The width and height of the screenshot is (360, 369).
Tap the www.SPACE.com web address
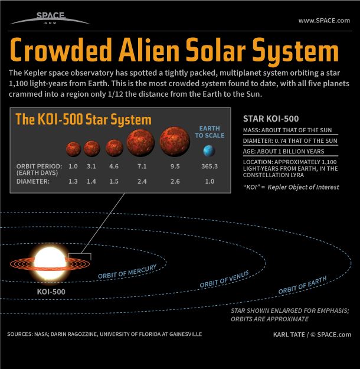tap(324, 21)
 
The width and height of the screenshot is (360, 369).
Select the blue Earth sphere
tap(210, 151)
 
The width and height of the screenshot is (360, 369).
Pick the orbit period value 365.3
tap(209, 166)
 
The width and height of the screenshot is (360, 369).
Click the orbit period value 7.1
tap(141, 166)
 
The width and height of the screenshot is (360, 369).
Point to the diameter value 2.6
tap(175, 182)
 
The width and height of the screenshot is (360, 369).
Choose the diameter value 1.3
tap(73, 182)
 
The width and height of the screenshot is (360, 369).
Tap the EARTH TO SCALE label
tap(209, 132)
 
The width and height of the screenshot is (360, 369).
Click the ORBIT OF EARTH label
tap(302, 285)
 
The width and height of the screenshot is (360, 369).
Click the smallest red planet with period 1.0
tap(73, 148)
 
